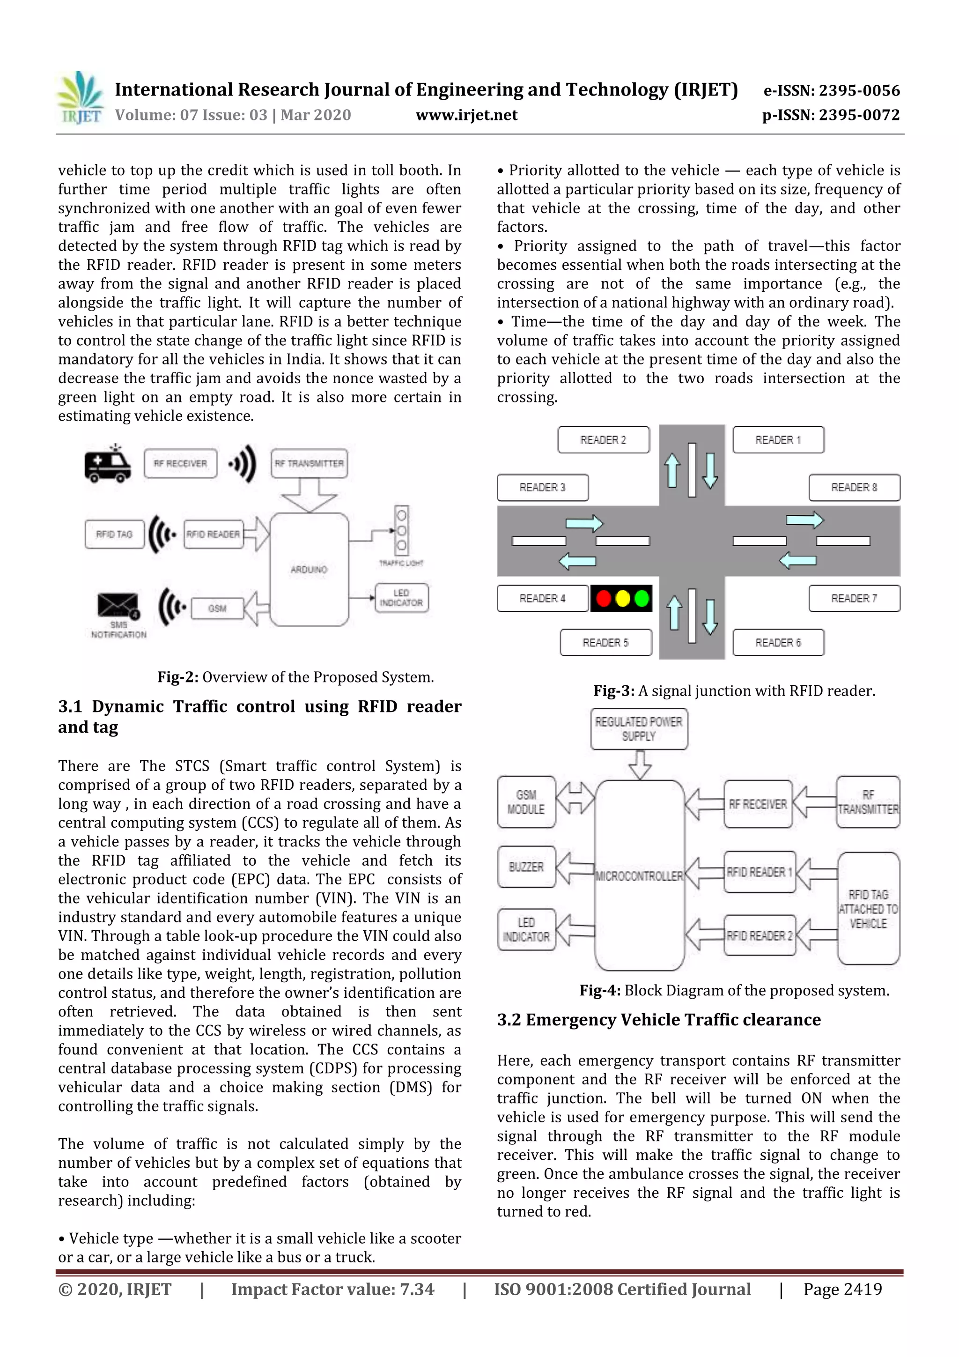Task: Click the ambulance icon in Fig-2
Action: point(107,465)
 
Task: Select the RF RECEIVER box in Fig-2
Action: point(180,463)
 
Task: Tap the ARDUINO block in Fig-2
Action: point(309,569)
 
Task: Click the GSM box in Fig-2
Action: point(217,608)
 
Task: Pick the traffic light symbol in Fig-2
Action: point(401,530)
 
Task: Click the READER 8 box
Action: point(854,488)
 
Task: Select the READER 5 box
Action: point(605,643)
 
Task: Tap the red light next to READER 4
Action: point(603,599)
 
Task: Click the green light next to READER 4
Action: point(641,599)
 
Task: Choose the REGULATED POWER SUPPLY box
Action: point(638,729)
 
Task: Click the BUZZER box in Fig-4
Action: point(526,867)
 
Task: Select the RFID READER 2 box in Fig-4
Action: point(759,935)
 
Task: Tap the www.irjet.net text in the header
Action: point(466,115)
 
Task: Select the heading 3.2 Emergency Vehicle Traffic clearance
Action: point(658,1020)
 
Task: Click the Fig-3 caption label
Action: point(613,691)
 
